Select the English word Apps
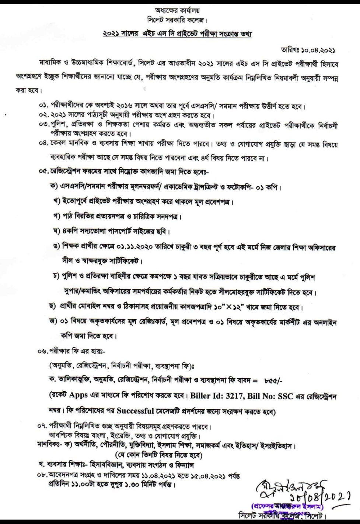(78, 395)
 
